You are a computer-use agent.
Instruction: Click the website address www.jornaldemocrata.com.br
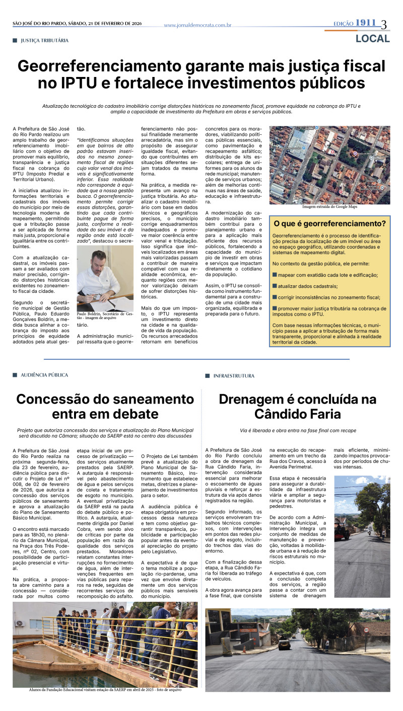pos(197,25)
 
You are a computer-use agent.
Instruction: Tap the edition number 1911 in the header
pos(366,23)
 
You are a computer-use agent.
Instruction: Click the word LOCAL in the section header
pos(372,39)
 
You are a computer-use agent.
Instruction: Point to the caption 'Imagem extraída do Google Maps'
pos(329,207)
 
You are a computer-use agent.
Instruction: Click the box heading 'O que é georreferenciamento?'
pos(329,223)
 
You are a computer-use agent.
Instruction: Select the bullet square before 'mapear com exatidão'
pos(275,275)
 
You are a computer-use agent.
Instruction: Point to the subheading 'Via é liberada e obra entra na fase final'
pos(298,431)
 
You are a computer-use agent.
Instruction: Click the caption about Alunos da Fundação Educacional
pos(105,690)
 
